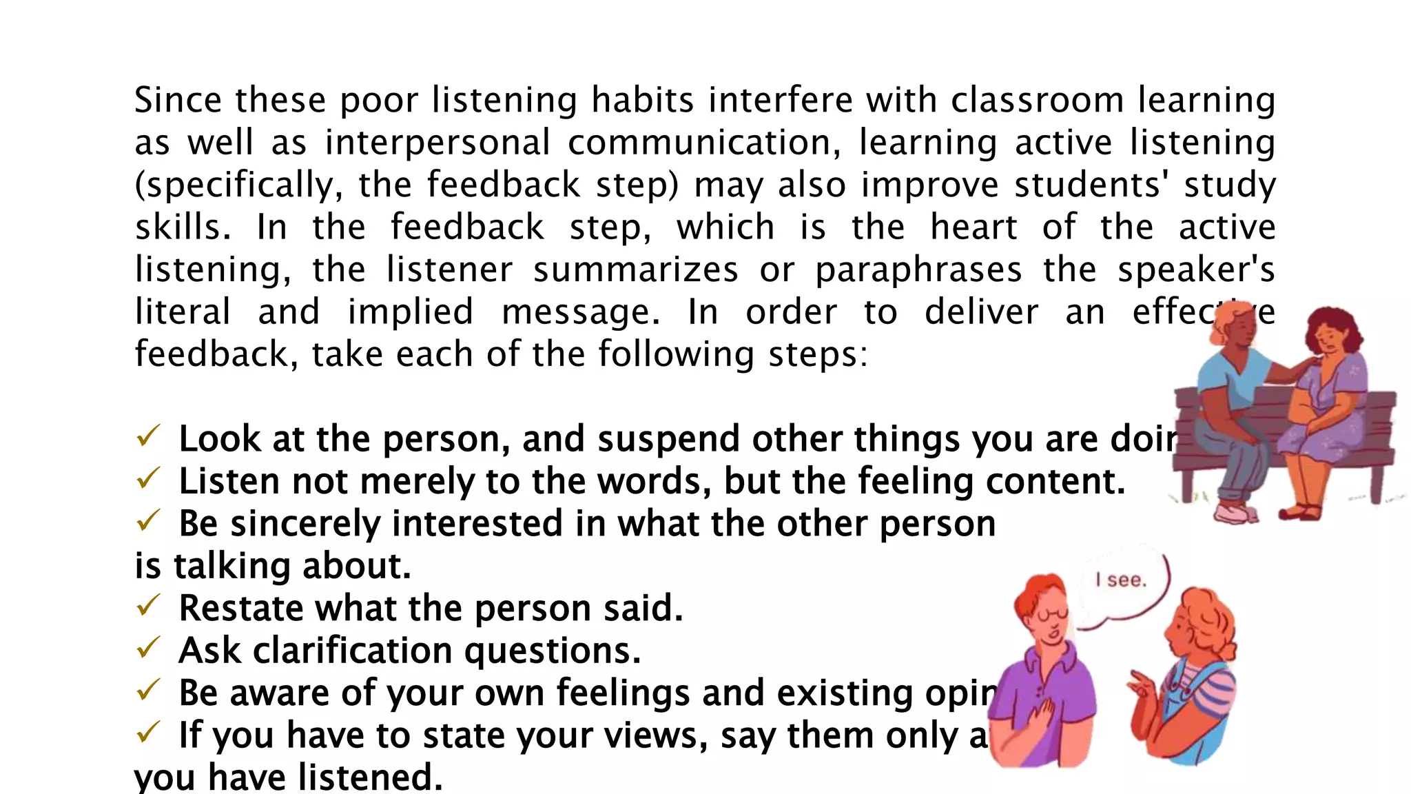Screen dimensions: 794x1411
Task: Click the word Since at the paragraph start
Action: [178, 101]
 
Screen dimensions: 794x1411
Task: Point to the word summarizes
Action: [635, 270]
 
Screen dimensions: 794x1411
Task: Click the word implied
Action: [410, 312]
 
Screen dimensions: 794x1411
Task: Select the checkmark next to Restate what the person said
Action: [148, 605]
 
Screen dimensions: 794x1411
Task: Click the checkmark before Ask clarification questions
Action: [148, 648]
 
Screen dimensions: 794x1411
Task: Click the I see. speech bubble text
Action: [1122, 580]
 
